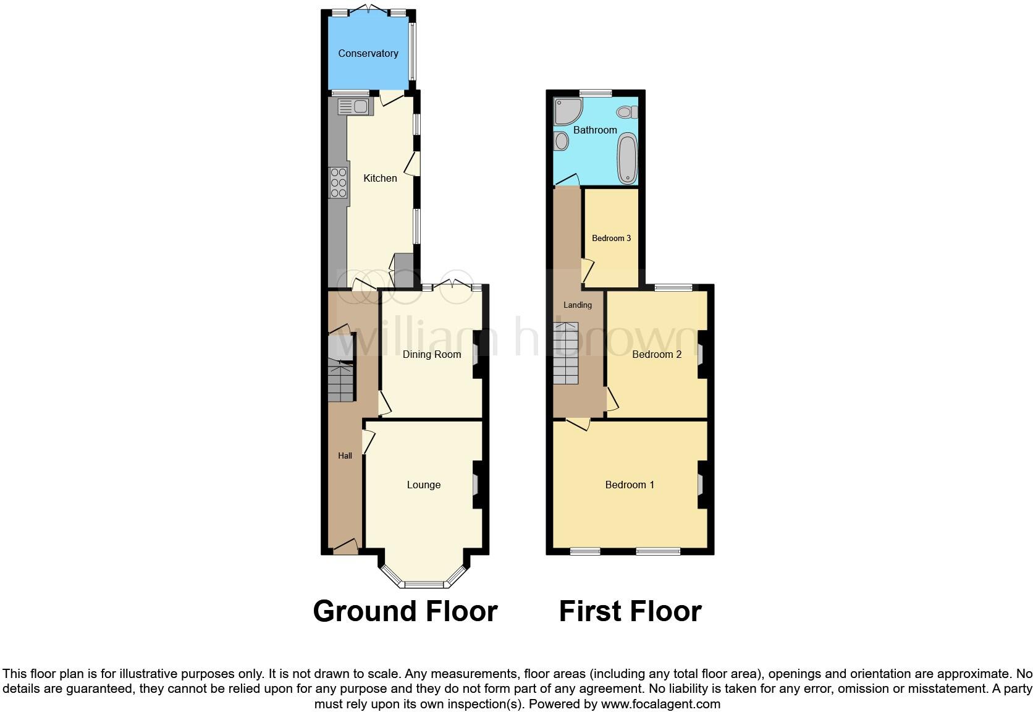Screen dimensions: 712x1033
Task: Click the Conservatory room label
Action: tap(368, 54)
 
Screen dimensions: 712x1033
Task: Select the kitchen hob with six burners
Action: tap(338, 182)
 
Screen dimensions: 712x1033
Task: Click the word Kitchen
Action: tap(380, 178)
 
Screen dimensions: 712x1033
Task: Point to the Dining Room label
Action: tap(431, 354)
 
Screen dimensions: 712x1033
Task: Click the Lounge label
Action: tap(423, 485)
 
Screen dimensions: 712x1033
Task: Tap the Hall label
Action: tap(345, 456)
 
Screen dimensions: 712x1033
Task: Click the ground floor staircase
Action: tap(341, 382)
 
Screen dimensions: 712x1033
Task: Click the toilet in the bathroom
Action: tap(628, 112)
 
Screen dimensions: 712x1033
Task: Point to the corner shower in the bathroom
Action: tap(567, 111)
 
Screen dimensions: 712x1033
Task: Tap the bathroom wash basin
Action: tap(561, 141)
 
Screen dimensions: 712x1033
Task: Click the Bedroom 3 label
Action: tap(611, 238)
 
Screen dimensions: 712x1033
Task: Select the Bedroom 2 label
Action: tap(657, 354)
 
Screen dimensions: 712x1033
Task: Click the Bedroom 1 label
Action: tap(630, 485)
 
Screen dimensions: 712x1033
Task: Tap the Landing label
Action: tap(577, 305)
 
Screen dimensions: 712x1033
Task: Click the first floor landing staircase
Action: tap(567, 353)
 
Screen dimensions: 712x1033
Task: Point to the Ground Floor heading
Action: tap(405, 611)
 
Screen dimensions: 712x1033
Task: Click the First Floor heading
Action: tap(630, 611)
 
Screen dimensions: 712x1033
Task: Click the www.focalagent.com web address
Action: tap(660, 703)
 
